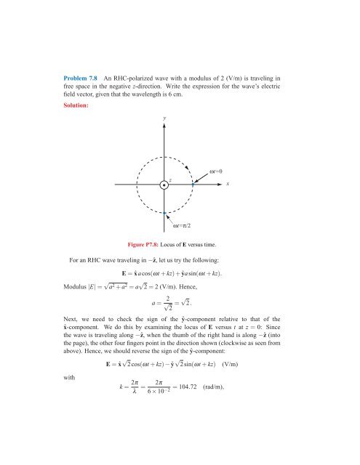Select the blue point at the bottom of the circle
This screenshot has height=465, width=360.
[x=165, y=212]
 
